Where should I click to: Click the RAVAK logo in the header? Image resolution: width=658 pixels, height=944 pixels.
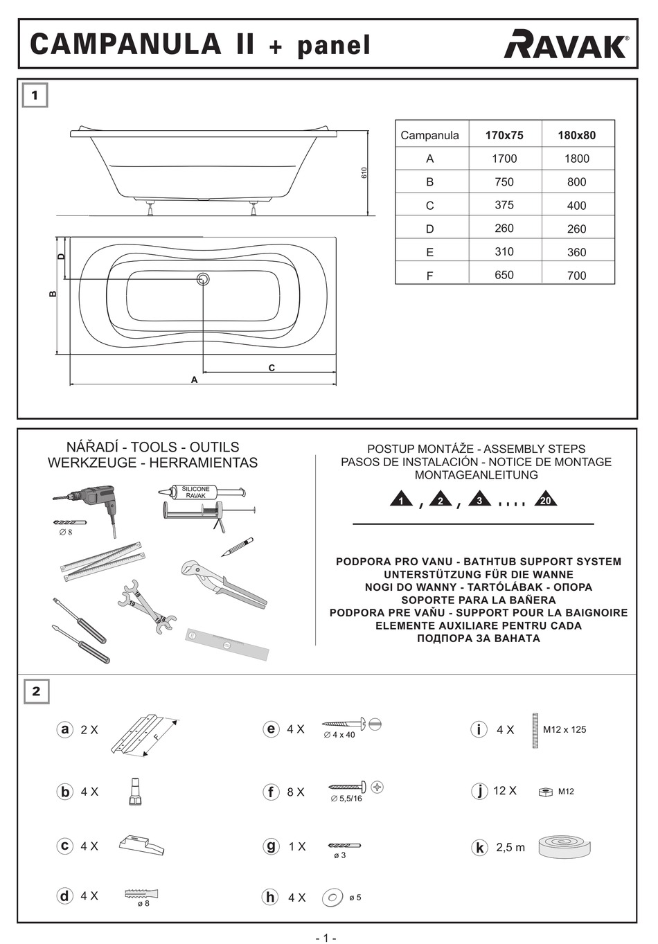click(x=566, y=44)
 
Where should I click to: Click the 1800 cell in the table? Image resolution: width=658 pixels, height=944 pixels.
click(x=576, y=159)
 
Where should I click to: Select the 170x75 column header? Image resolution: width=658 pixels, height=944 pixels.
click(x=504, y=135)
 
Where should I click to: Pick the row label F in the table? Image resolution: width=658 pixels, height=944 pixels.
click(x=429, y=276)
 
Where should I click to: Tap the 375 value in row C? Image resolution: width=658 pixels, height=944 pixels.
click(x=504, y=205)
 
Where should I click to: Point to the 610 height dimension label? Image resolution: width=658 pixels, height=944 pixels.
click(x=364, y=172)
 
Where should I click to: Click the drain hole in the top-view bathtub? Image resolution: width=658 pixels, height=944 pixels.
click(x=203, y=279)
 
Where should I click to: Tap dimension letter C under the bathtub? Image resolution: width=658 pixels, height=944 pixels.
click(x=272, y=368)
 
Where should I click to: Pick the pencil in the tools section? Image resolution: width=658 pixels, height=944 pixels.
click(x=238, y=546)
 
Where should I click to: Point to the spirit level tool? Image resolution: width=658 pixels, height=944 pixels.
click(x=226, y=643)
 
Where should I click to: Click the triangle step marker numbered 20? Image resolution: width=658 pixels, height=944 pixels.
click(x=545, y=499)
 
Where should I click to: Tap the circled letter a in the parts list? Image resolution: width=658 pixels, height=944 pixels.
click(x=65, y=729)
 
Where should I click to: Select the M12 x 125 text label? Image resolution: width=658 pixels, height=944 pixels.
click(x=564, y=729)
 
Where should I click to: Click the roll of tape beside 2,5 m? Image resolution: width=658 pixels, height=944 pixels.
click(x=564, y=846)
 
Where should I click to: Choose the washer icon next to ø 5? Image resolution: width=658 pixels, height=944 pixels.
click(x=332, y=898)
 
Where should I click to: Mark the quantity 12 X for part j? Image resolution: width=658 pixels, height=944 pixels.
click(x=504, y=791)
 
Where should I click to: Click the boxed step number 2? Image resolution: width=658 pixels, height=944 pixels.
click(x=36, y=691)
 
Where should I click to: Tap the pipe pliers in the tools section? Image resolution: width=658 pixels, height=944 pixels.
click(x=223, y=583)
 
